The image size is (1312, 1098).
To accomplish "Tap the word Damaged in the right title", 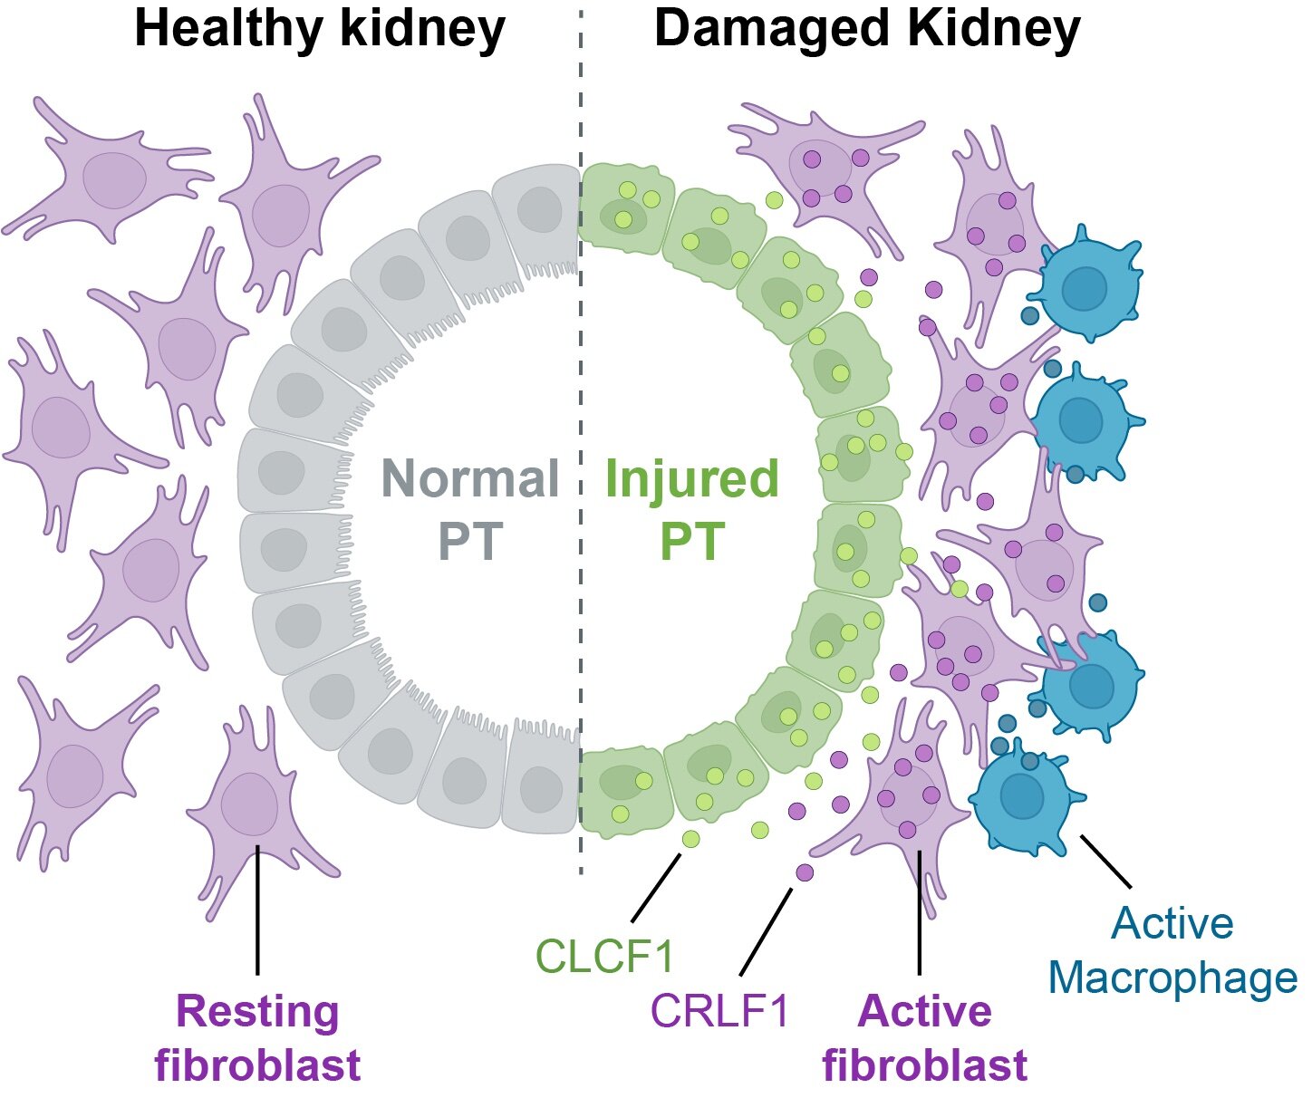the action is click(774, 30).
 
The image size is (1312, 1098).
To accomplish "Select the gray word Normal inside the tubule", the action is click(470, 478).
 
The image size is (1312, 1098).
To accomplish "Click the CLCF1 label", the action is click(604, 956).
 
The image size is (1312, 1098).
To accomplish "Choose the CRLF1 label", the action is click(719, 1011).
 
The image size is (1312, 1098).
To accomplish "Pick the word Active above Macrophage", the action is click(1172, 923).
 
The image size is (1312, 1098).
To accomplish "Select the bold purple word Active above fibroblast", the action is click(925, 1011).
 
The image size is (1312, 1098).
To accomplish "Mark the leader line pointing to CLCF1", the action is click(656, 887).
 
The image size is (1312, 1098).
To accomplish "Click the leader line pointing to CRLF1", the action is click(766, 931).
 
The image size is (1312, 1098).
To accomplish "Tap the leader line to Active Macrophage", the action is click(1106, 862).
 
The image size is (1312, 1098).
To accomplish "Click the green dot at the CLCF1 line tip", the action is click(690, 839).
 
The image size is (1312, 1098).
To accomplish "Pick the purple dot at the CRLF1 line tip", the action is click(805, 872).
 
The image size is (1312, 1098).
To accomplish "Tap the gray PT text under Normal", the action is click(470, 540).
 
